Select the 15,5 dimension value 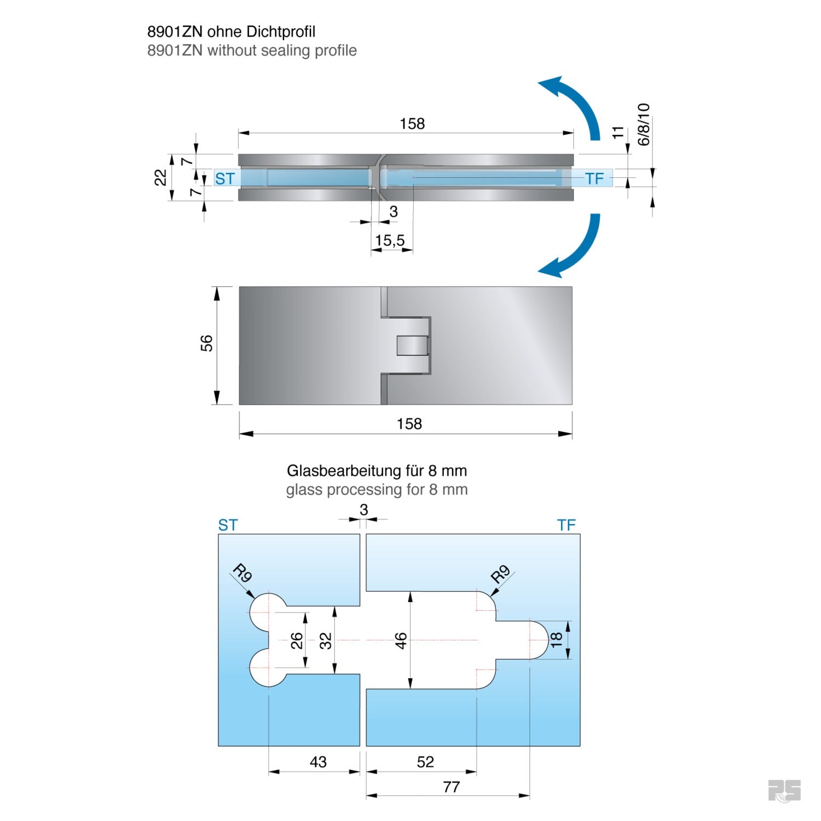390,240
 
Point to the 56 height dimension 206,344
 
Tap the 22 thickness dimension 160,178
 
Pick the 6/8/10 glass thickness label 644,124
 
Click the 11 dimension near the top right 618,132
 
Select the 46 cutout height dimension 401,640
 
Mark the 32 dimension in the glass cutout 326,640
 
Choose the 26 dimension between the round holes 297,640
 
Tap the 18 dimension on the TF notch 556,639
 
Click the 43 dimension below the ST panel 318,761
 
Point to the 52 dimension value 425,761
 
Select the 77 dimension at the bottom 452,787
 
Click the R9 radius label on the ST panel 242,574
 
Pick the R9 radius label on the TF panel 500,574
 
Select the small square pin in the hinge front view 412,345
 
